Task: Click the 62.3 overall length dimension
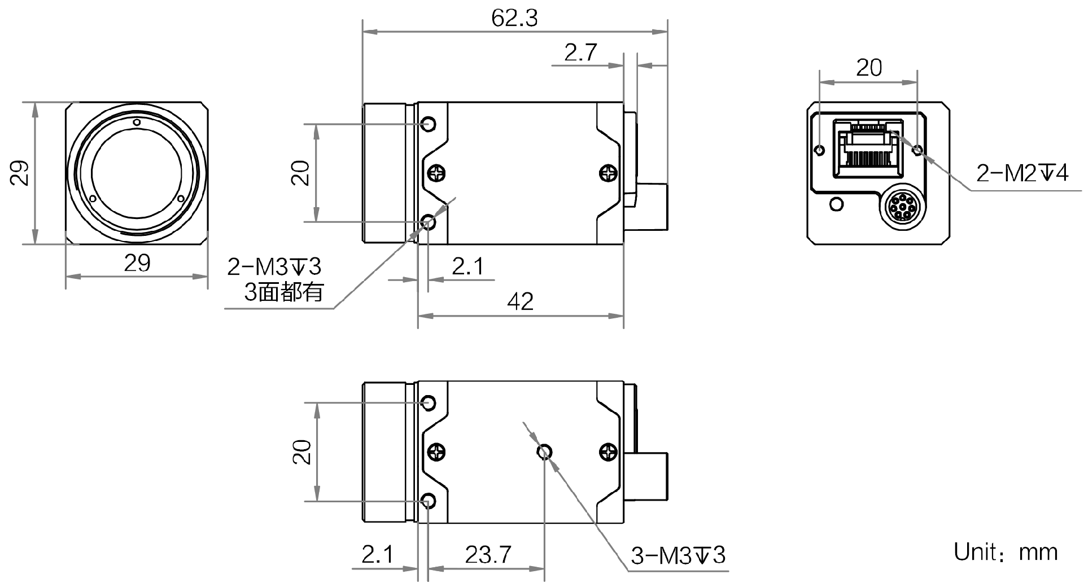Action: (514, 18)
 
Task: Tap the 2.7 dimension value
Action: (580, 53)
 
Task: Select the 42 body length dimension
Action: (520, 302)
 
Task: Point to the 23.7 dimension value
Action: (488, 555)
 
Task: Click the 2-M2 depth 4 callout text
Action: (1022, 173)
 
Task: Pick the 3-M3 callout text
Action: (677, 556)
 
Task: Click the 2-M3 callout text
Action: (274, 266)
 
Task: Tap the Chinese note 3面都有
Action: (284, 292)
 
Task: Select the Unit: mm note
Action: (1006, 552)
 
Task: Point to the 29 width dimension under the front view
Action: (137, 263)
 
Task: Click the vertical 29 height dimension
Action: (19, 173)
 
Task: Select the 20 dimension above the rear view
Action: (868, 68)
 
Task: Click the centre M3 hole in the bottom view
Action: (544, 452)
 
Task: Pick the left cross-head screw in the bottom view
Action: (436, 452)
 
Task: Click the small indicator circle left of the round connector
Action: (837, 203)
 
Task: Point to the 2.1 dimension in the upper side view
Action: (467, 266)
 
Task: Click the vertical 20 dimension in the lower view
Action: (303, 452)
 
